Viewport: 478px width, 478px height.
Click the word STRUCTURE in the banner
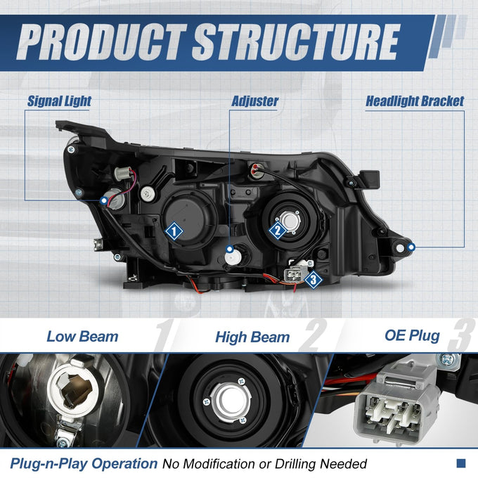[296, 42]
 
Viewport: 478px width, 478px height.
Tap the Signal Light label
[59, 101]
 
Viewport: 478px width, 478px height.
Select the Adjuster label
[255, 101]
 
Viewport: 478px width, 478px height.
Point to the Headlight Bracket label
[415, 101]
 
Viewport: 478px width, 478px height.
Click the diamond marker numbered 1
[174, 231]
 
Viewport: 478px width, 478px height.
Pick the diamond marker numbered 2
[278, 230]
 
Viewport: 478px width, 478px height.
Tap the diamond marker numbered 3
[314, 279]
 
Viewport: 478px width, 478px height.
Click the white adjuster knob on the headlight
[233, 257]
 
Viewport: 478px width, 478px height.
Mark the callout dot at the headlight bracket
[411, 247]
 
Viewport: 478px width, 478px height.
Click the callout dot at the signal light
[104, 200]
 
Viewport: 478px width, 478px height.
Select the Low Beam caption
[82, 337]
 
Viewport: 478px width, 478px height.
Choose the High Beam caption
[252, 337]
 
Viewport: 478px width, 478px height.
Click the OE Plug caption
[412, 335]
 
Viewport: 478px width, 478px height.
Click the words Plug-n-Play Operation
[84, 464]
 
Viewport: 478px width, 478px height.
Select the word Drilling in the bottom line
[297, 464]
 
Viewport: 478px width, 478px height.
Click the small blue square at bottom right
[461, 463]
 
